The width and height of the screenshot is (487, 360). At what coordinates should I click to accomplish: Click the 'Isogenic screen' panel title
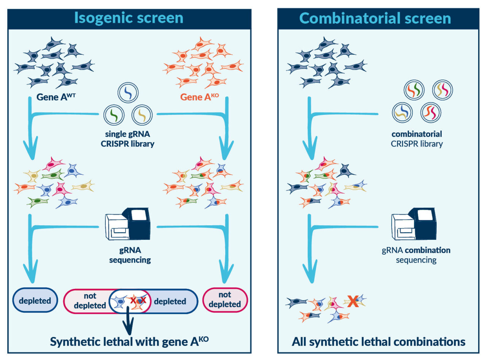pyautogui.click(x=129, y=18)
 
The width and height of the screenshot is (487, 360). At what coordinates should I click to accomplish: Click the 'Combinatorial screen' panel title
pyautogui.click(x=375, y=18)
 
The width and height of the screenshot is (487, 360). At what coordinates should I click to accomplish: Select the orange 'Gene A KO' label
pyautogui.click(x=201, y=97)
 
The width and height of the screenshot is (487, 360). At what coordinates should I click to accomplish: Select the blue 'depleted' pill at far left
pyautogui.click(x=35, y=300)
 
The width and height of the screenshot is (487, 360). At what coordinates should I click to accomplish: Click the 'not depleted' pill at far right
pyautogui.click(x=226, y=300)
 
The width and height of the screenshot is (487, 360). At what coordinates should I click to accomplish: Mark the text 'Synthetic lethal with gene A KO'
pyautogui.click(x=129, y=341)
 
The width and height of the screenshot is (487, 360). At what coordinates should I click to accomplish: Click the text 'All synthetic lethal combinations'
pyautogui.click(x=378, y=341)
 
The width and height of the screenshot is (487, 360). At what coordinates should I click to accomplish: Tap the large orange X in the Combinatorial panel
pyautogui.click(x=353, y=301)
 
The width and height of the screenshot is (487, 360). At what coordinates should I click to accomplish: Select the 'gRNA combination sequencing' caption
pyautogui.click(x=416, y=255)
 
